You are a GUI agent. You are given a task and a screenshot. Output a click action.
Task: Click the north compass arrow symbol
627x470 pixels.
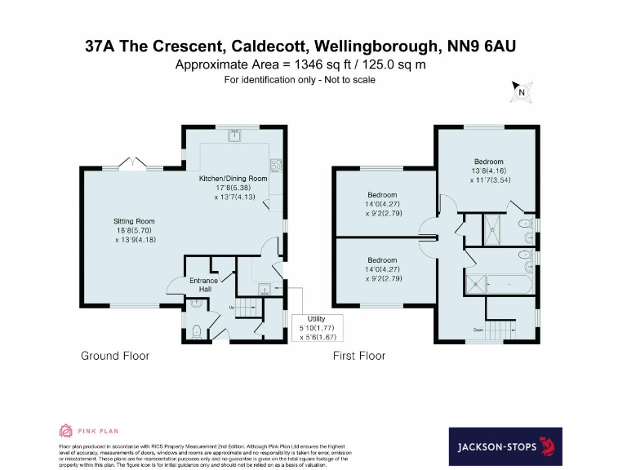pyautogui.click(x=520, y=91)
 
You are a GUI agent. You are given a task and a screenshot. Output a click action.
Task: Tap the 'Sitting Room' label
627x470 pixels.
pyautogui.click(x=134, y=221)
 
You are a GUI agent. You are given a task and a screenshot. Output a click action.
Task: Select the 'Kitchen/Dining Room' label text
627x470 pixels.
pyautogui.click(x=233, y=178)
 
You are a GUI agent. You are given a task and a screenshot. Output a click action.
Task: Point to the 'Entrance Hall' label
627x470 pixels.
pyautogui.click(x=203, y=285)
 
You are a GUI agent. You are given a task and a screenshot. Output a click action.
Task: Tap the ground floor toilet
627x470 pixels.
pyautogui.click(x=197, y=332)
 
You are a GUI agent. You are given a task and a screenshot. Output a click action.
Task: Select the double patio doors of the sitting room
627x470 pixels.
pyautogui.click(x=131, y=166)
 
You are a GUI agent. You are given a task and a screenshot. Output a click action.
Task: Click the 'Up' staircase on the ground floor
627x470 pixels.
pyautogui.click(x=245, y=308)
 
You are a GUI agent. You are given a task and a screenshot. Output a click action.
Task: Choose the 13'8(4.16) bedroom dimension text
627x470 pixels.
pyautogui.click(x=487, y=171)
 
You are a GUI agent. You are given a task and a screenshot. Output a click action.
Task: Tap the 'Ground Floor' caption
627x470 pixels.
pyautogui.click(x=115, y=356)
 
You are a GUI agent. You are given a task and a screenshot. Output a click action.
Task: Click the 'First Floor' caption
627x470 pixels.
pyautogui.click(x=359, y=356)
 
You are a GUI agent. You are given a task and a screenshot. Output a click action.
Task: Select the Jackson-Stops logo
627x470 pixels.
pyautogui.click(x=505, y=446)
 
